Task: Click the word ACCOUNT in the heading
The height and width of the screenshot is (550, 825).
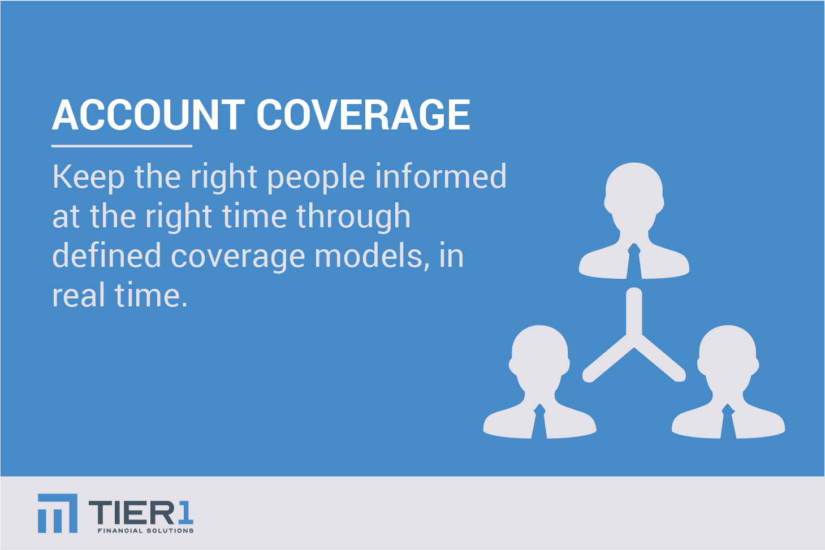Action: tap(148, 115)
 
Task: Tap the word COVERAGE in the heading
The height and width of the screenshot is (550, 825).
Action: tap(363, 115)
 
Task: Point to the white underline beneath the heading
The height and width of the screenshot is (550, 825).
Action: tap(122, 146)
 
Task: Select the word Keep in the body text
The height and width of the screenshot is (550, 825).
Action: tap(88, 178)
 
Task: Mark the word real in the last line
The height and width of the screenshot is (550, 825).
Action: tap(78, 295)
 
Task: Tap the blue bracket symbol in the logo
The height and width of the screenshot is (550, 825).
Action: tap(57, 513)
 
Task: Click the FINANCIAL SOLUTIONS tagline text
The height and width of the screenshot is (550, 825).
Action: tap(145, 531)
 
